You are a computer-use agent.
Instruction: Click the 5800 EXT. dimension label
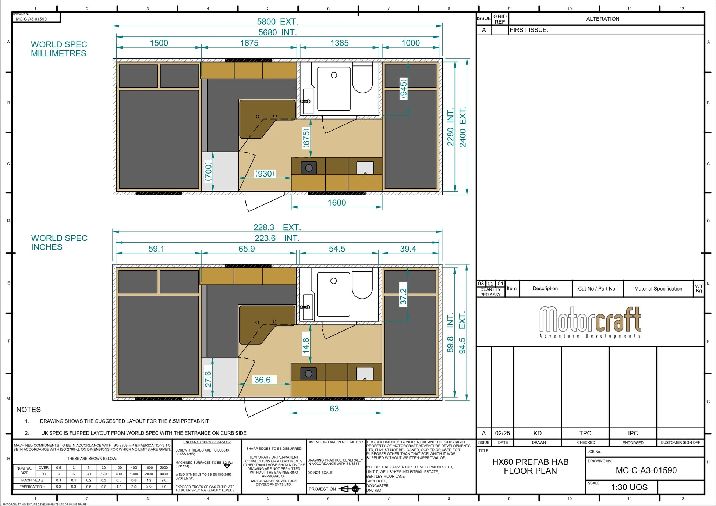[277, 22]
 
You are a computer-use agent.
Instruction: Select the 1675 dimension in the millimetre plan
[249, 43]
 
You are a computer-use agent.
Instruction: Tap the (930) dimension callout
[265, 174]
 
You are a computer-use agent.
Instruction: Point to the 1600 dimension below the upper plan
[337, 203]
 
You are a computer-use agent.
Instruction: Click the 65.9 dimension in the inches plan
[247, 249]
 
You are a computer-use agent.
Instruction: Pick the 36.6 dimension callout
[262, 380]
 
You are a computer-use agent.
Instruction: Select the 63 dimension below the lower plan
[334, 409]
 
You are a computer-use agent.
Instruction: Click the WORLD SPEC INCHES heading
[59, 243]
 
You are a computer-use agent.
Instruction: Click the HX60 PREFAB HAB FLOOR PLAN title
[530, 466]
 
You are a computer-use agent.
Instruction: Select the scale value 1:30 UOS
[629, 487]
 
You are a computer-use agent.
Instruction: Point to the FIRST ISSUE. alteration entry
[529, 30]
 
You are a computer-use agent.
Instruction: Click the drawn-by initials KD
[537, 433]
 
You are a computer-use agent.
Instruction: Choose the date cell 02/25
[502, 433]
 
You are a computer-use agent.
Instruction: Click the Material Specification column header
[658, 289]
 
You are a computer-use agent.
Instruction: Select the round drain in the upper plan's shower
[334, 75]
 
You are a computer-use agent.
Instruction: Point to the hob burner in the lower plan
[309, 374]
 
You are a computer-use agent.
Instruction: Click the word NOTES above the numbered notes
[28, 410]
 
